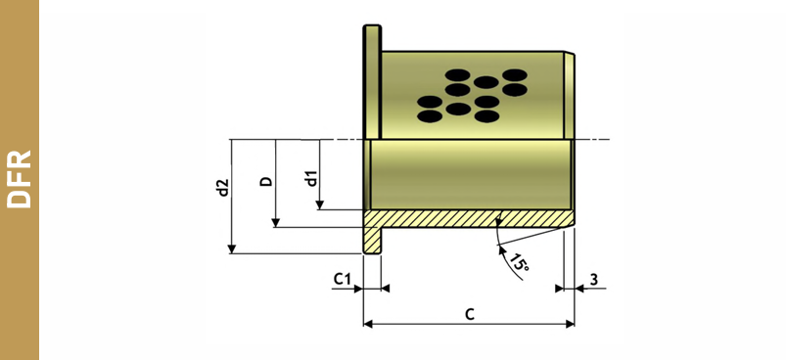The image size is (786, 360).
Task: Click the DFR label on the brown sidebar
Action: click(x=19, y=179)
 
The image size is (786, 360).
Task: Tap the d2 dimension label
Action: click(x=223, y=187)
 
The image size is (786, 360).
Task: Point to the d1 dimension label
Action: click(x=311, y=179)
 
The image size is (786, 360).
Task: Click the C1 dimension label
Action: click(x=343, y=280)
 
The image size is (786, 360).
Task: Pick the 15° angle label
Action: click(x=520, y=262)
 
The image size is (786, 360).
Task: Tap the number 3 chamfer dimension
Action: click(x=594, y=280)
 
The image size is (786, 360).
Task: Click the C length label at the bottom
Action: click(x=469, y=314)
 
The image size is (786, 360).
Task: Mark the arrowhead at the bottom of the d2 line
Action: click(x=232, y=248)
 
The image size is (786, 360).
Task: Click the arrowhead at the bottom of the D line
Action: click(x=275, y=223)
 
